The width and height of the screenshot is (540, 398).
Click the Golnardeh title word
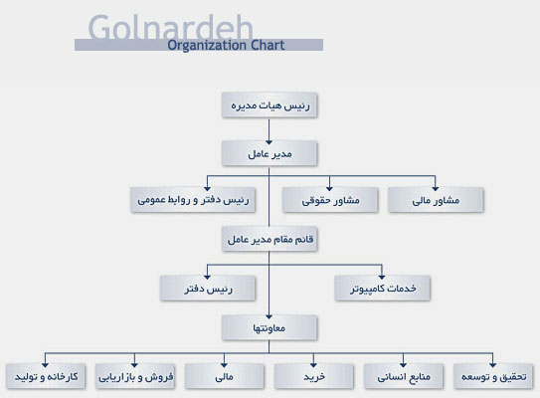171,27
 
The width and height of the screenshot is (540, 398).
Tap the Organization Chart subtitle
226,45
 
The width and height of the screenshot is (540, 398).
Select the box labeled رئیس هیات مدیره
270,105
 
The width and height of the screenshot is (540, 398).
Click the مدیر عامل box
270,153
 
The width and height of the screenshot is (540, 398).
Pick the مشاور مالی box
436,200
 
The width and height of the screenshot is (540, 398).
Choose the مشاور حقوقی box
330,200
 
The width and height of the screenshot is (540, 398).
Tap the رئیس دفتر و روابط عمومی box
193,200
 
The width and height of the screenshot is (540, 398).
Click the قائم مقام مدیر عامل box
270,239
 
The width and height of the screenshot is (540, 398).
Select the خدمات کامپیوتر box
382,289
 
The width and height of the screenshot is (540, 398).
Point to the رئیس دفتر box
208,289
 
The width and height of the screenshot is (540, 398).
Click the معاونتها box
270,327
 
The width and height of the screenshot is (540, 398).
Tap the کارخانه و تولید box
46,376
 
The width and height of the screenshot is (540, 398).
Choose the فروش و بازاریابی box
135,376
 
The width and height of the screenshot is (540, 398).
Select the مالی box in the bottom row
225,376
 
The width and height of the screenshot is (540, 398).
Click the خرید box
314,376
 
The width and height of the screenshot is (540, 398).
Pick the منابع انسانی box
404,376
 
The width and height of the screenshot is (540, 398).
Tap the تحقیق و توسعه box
493,376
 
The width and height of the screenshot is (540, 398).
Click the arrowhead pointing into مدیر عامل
269,142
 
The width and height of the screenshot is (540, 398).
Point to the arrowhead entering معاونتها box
269,316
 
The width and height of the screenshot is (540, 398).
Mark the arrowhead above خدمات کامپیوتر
382,277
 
